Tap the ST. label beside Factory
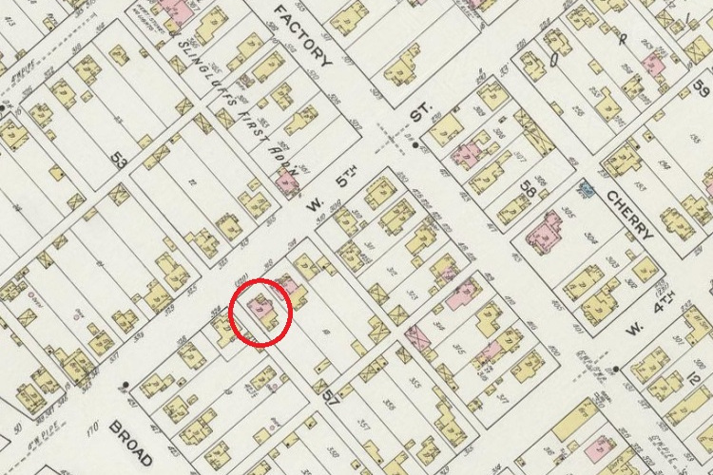[x=419, y=114]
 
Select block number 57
[x=330, y=396]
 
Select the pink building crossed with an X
[x=414, y=334]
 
